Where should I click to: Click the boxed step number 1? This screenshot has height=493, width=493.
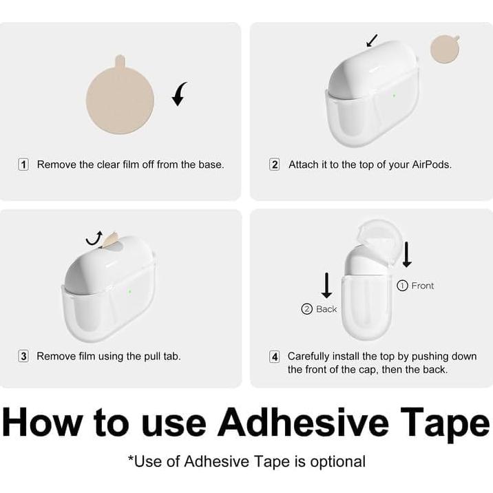point(23,165)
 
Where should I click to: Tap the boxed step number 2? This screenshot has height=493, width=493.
point(275,165)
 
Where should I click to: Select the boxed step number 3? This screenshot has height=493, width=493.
point(23,357)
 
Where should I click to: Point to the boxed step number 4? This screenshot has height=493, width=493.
point(275,357)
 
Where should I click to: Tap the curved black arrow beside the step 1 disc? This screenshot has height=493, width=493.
point(180,94)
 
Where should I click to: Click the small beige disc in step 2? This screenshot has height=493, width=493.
point(445,50)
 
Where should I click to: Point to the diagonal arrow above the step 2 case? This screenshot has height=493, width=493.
point(372,41)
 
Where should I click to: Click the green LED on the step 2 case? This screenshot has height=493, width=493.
point(394,95)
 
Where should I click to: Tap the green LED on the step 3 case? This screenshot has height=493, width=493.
point(129,291)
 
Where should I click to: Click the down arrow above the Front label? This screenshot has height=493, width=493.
point(407,254)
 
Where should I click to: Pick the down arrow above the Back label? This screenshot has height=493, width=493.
point(326,284)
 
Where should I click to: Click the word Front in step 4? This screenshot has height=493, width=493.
point(423,286)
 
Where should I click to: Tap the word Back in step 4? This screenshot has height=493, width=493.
point(326,309)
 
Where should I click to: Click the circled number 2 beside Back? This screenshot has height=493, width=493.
point(307,309)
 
